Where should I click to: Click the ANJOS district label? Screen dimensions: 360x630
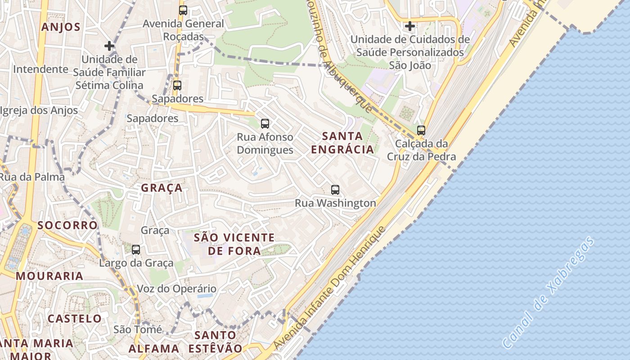pyautogui.click(x=61, y=27)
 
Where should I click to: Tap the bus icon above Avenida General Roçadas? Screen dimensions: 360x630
pyautogui.click(x=183, y=11)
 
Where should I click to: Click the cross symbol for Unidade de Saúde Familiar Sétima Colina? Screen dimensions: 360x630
pyautogui.click(x=109, y=46)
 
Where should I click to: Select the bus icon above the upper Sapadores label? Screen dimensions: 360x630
pyautogui.click(x=177, y=85)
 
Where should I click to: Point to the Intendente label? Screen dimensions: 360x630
pyautogui.click(x=40, y=69)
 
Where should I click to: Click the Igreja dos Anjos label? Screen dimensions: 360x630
pyautogui.click(x=39, y=111)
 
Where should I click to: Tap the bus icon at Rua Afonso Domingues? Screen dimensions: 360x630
pyautogui.click(x=265, y=123)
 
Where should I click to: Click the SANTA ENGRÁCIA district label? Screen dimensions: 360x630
pyautogui.click(x=342, y=143)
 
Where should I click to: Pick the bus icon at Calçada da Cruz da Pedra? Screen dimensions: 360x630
pyautogui.click(x=421, y=130)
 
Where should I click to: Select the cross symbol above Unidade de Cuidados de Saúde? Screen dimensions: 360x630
pyautogui.click(x=409, y=26)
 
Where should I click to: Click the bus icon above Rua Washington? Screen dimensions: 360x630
pyautogui.click(x=335, y=190)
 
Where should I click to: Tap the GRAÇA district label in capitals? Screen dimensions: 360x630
pyautogui.click(x=162, y=188)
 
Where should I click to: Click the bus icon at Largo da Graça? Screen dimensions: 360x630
pyautogui.click(x=136, y=250)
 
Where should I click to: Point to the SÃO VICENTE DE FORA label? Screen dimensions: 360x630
pyautogui.click(x=234, y=244)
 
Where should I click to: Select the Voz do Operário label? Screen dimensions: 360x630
pyautogui.click(x=176, y=289)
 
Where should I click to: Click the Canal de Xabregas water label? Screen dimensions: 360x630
pyautogui.click(x=548, y=292)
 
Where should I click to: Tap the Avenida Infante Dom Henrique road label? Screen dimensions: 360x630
pyautogui.click(x=330, y=288)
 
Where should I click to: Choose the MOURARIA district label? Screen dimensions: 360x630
pyautogui.click(x=49, y=276)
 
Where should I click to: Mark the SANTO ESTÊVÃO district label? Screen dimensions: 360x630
pyautogui.click(x=215, y=342)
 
